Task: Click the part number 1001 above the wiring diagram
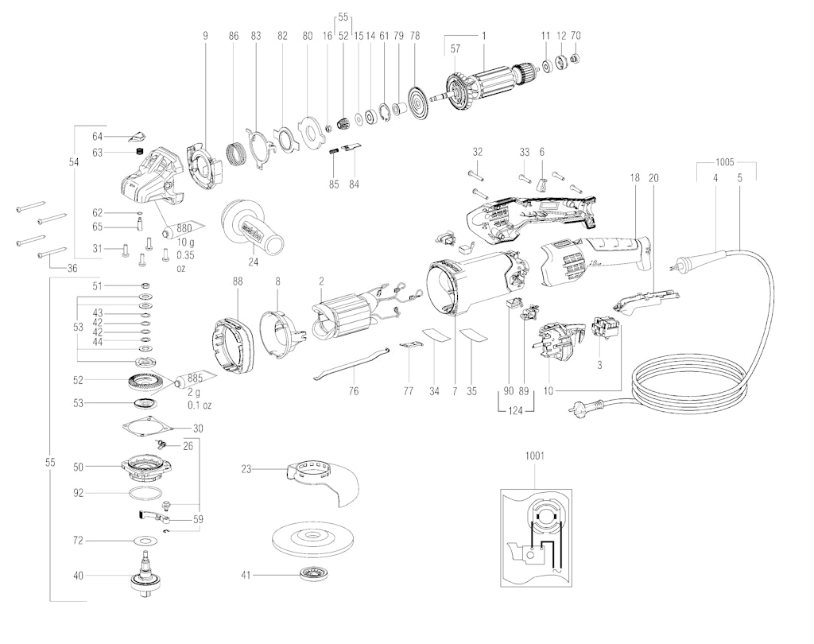535,456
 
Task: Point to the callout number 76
353,391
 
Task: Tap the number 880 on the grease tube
184,228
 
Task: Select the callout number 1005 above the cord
724,162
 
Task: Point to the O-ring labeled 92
145,494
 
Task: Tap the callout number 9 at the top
206,35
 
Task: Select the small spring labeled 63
138,152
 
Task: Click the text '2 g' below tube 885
194,392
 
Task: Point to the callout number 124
515,411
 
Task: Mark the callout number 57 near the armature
455,48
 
